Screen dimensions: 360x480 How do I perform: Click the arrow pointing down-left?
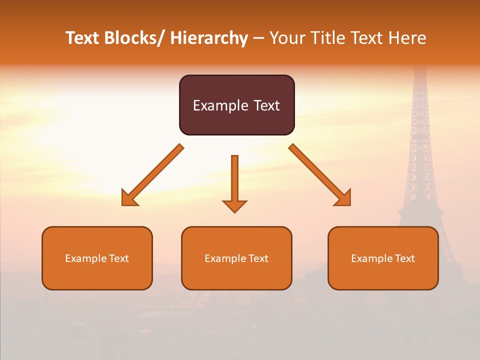point(152,175)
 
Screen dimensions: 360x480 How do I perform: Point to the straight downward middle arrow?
point(234,182)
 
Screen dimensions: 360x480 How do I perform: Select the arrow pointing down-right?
point(320,175)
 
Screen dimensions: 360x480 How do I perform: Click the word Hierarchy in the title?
point(209,38)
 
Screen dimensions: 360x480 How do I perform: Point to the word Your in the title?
point(287,38)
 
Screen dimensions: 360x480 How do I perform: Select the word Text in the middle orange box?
point(258,258)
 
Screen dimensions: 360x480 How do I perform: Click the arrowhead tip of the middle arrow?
point(234,212)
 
